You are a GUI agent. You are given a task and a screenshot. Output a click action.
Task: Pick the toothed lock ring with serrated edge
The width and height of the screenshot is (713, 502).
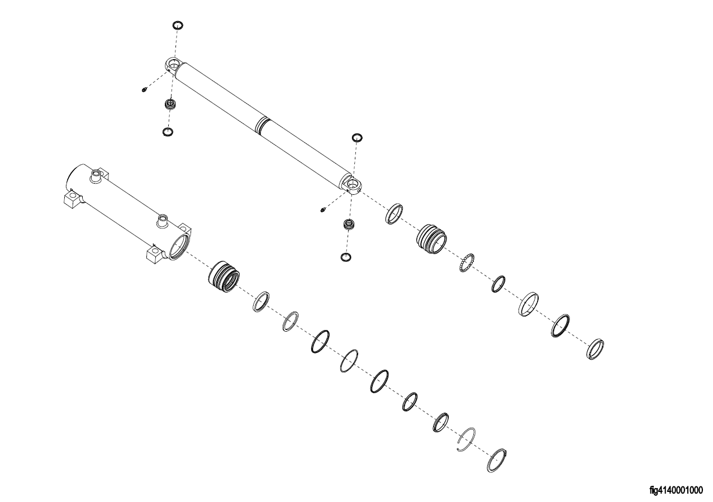pos(467,262)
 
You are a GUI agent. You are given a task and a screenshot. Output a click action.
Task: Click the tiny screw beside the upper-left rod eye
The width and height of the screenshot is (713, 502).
pos(145,89)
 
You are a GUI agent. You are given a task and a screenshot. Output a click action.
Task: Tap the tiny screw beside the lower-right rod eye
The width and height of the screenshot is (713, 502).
pos(324,209)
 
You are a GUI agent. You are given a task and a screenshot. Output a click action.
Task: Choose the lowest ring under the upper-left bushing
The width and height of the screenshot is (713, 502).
pos(167,132)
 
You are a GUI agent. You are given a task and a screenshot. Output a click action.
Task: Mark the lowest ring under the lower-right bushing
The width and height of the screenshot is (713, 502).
pos(346,257)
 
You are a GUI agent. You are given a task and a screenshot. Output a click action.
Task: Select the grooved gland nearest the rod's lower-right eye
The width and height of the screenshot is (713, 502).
pos(431,239)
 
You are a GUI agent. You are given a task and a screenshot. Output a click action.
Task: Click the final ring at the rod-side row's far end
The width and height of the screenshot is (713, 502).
pos(596,348)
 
